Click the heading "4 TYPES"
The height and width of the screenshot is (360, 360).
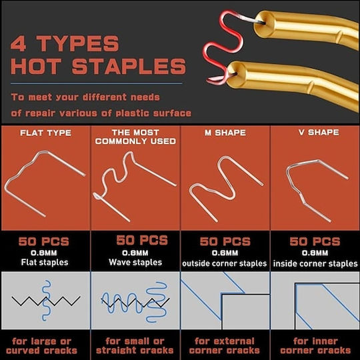point(65,43)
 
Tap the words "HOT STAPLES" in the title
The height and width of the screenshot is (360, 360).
point(98,66)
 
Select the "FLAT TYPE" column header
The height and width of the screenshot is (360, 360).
point(45,133)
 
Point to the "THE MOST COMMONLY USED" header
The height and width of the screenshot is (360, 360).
point(135,137)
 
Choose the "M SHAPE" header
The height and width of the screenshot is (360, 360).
point(225,133)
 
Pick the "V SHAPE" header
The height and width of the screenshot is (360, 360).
point(319,132)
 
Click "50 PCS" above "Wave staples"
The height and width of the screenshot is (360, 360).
point(142,241)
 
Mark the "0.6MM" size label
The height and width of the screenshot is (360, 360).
point(225,253)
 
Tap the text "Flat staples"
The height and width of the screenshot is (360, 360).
point(45,262)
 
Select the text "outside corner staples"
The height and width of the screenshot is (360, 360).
point(224,263)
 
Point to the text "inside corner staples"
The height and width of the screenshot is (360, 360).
point(315,263)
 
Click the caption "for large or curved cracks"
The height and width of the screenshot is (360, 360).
point(41,346)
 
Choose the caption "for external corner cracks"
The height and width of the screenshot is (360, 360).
point(224,346)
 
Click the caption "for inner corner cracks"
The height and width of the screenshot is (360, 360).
point(315,346)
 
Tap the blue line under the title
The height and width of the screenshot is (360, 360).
point(97,83)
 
